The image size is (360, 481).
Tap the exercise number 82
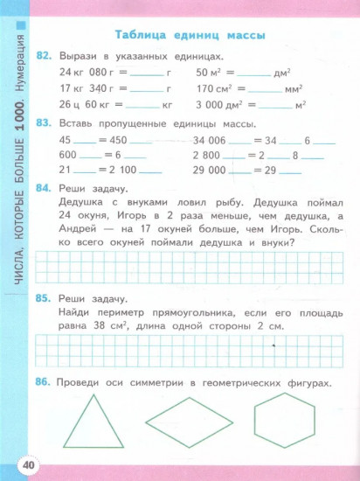(x=45, y=55)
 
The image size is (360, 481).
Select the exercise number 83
(x=45, y=124)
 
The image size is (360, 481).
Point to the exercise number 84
(x=45, y=190)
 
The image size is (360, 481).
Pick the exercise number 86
(x=45, y=359)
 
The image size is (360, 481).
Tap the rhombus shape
(x=188, y=421)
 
